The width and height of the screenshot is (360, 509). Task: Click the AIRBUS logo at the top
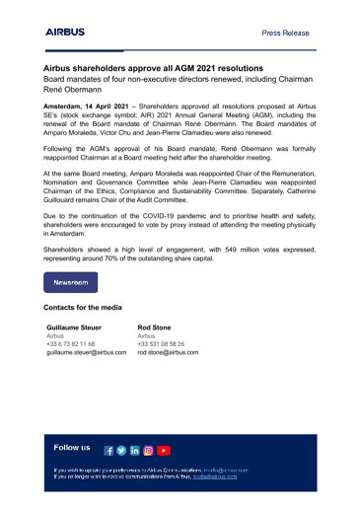(66, 33)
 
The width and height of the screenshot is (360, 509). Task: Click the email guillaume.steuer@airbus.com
(88, 351)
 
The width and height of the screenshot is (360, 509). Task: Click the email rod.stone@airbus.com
(168, 351)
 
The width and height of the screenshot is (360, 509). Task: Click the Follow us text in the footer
(72, 447)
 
